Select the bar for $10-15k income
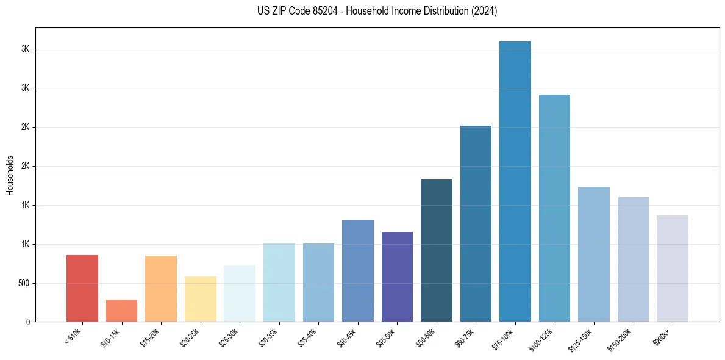[x=121, y=311]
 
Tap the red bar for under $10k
[x=82, y=288]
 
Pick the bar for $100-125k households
[x=554, y=208]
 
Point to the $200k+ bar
[x=672, y=268]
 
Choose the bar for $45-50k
[x=397, y=276]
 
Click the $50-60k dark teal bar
[x=437, y=250]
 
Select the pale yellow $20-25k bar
[x=200, y=299]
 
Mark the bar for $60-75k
[x=476, y=223]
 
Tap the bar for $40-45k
[x=357, y=270]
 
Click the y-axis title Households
[x=10, y=175]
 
